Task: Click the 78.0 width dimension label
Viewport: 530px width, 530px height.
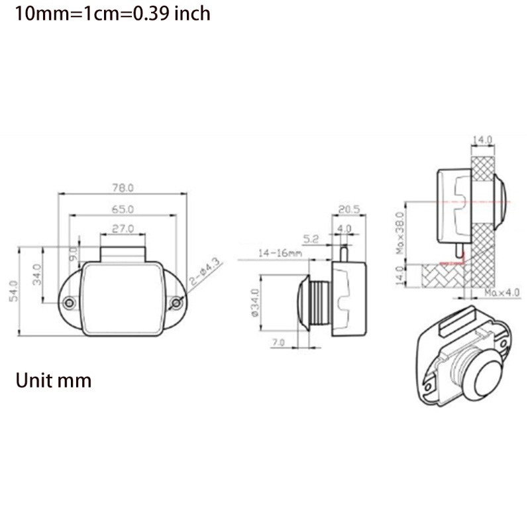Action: click(x=123, y=188)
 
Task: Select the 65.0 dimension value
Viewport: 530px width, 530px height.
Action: click(x=123, y=209)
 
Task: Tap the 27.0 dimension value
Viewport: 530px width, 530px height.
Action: click(x=123, y=229)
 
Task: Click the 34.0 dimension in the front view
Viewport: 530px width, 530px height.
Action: click(x=37, y=273)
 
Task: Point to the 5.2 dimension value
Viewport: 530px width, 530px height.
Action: click(x=311, y=238)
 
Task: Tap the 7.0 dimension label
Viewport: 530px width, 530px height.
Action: click(x=278, y=343)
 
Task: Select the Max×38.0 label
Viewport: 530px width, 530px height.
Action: click(x=399, y=232)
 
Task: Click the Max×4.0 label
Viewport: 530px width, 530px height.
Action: click(x=501, y=292)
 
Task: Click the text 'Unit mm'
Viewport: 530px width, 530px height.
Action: click(x=54, y=382)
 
